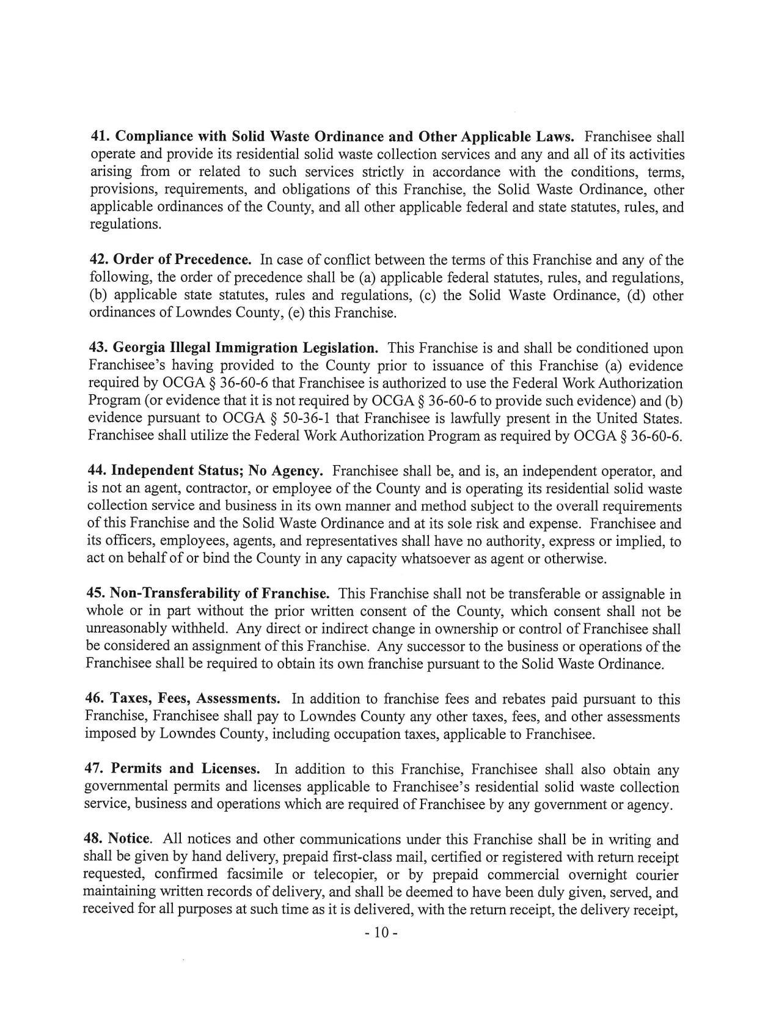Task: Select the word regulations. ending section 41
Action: click(x=126, y=224)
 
